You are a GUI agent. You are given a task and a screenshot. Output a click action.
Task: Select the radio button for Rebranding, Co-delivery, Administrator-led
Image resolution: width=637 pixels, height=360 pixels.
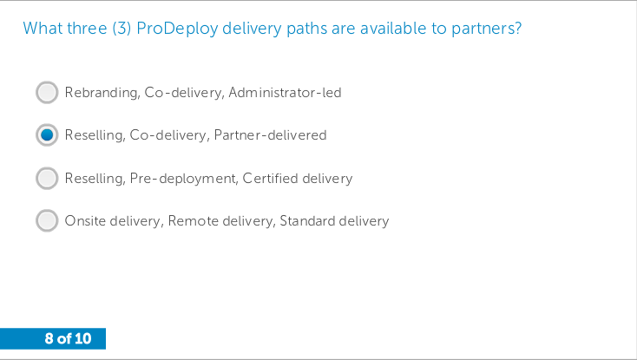[47, 93]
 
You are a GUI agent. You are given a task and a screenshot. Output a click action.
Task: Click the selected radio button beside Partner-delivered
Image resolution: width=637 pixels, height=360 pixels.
[47, 134]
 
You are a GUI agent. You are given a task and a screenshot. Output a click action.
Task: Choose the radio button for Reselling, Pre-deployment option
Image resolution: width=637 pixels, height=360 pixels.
[47, 178]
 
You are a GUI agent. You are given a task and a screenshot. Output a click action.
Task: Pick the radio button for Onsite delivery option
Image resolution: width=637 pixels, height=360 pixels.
[47, 221]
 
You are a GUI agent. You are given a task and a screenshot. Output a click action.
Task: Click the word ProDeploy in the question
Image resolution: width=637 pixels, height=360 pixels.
[177, 29]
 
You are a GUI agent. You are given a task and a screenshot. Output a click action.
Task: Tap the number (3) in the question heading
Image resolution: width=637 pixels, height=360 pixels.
[121, 29]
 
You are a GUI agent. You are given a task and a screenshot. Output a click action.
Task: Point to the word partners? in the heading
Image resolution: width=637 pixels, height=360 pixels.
[487, 29]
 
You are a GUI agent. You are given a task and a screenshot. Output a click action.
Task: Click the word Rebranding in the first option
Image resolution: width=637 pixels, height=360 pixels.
[102, 93]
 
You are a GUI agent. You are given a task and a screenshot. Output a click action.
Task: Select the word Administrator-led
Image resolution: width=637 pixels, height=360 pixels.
[285, 93]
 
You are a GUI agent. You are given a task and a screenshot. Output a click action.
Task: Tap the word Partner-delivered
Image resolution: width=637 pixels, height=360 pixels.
[270, 134]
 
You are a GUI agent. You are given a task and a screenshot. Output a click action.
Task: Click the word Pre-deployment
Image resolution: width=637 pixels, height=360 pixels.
[184, 179]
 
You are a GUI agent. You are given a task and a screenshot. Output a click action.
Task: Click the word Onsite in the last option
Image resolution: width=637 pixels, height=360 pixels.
[85, 221]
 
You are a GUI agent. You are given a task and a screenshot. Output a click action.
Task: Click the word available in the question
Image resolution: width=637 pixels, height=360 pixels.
[393, 29]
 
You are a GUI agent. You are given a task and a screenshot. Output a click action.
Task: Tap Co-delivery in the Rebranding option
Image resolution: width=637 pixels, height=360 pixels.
[185, 93]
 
